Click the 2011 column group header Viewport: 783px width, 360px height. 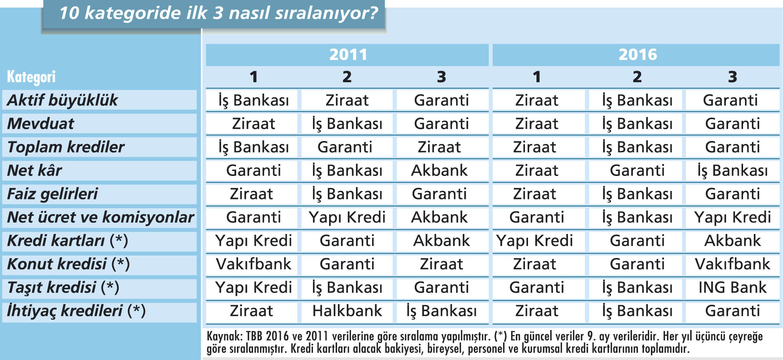(x=348, y=55)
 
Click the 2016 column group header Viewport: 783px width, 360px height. (x=637, y=55)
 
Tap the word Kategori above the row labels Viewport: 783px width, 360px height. (x=31, y=77)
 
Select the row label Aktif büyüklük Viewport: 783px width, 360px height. (x=62, y=100)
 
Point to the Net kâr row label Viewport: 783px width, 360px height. (x=35, y=170)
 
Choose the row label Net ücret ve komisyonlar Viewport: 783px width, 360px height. (x=101, y=217)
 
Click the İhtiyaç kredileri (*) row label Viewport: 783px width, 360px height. (x=76, y=311)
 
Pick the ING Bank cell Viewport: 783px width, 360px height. (x=732, y=287)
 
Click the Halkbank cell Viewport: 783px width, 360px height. (x=347, y=311)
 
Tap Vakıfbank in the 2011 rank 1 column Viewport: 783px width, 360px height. (x=253, y=264)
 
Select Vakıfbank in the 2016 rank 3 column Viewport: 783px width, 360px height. (x=732, y=264)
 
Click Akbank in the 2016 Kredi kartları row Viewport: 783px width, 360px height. (x=732, y=241)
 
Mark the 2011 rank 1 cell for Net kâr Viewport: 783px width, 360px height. (x=253, y=171)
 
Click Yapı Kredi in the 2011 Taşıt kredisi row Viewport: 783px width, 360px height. (x=253, y=288)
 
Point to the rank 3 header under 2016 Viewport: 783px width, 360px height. (x=732, y=77)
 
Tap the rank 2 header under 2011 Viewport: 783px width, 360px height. (x=347, y=77)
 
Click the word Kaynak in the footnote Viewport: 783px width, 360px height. (x=224, y=336)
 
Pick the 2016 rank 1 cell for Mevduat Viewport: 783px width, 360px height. (x=536, y=124)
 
